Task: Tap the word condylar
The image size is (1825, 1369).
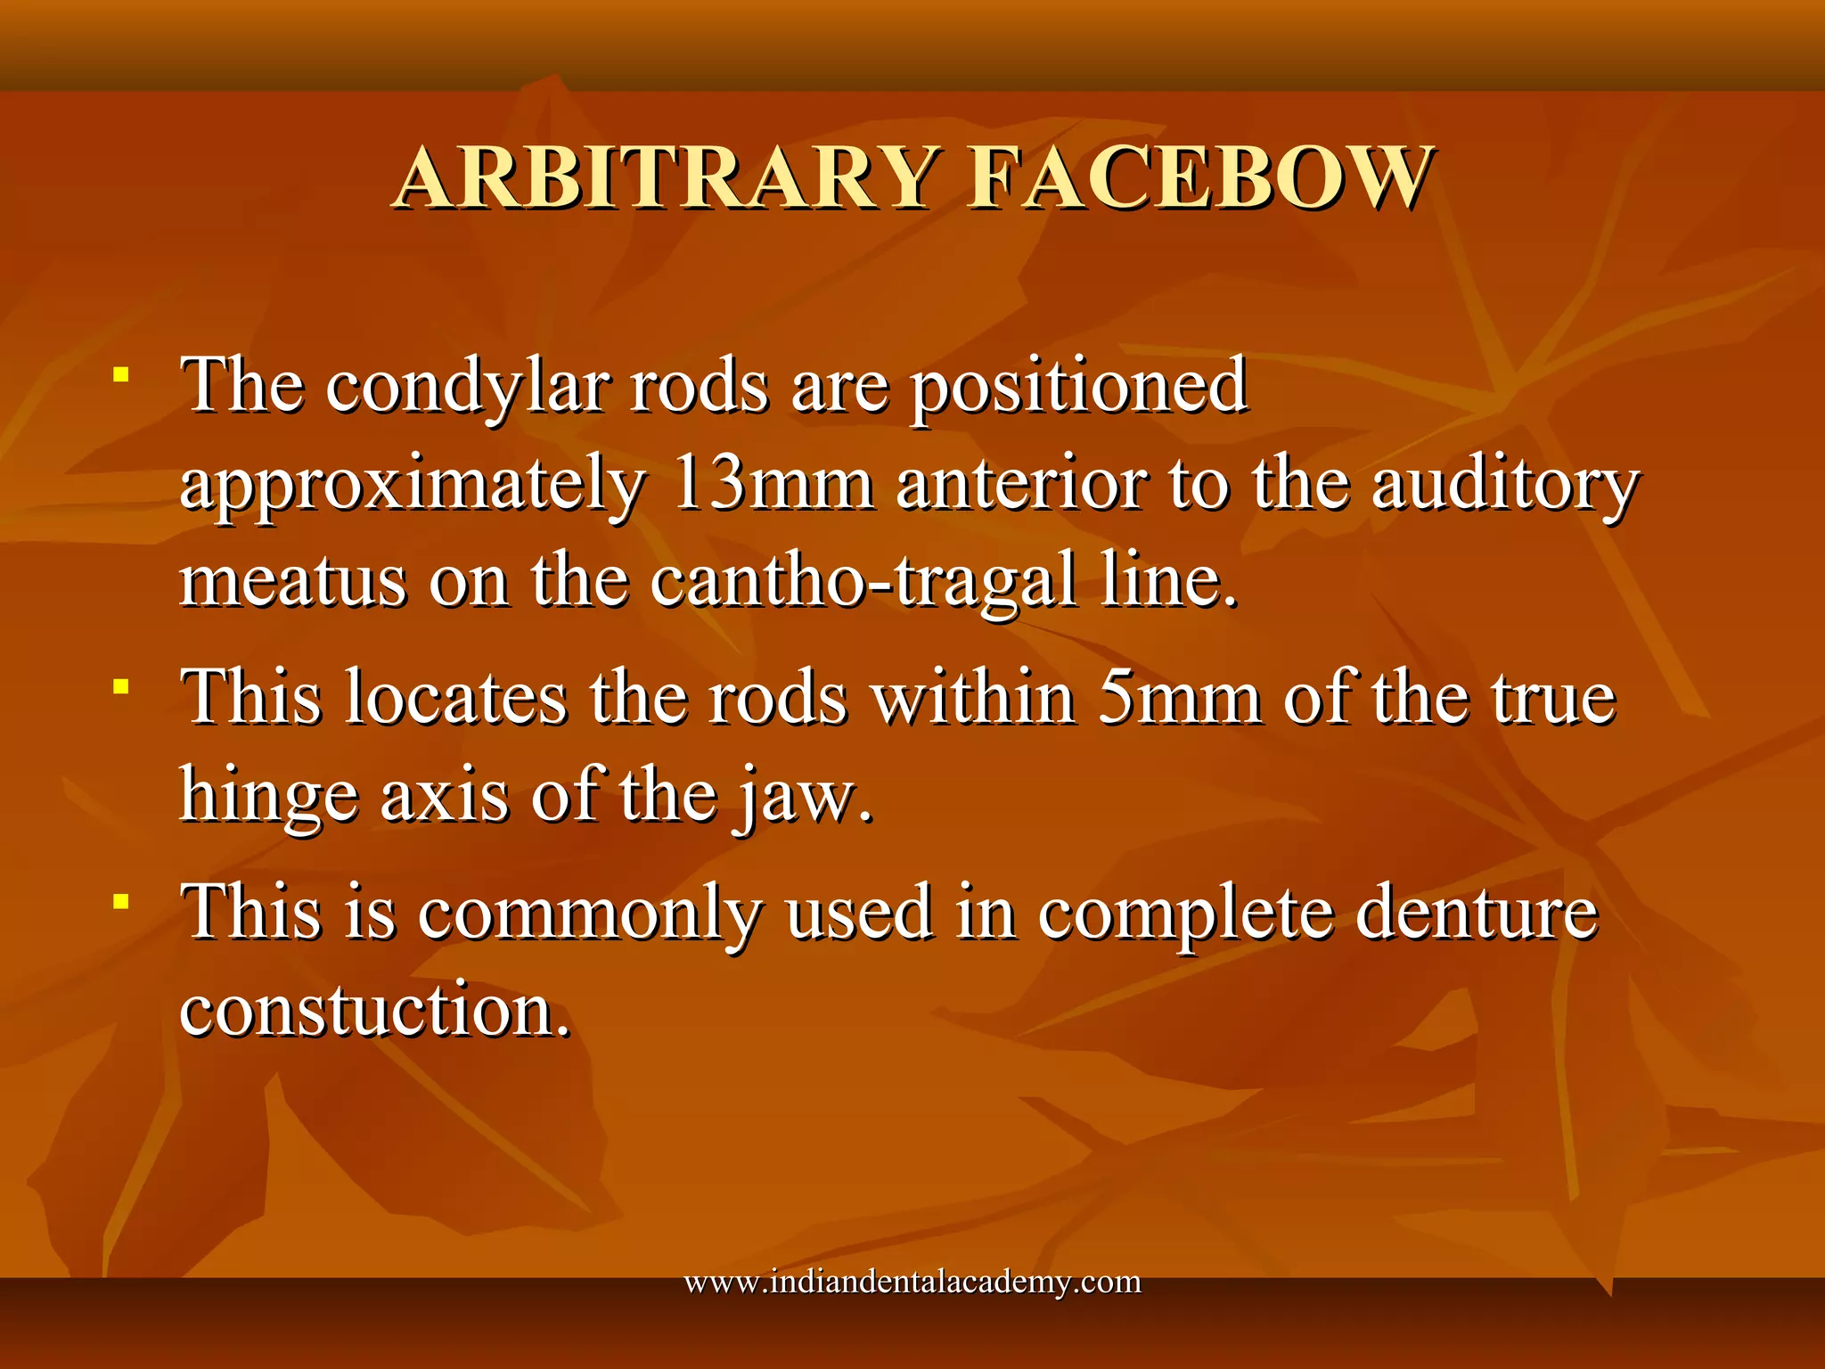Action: click(x=467, y=387)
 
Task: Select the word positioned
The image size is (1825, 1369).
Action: click(x=1078, y=387)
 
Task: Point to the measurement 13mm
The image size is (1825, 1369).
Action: click(x=772, y=484)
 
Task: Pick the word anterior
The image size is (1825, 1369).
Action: click(x=1021, y=484)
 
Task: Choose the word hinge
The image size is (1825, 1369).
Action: click(x=269, y=795)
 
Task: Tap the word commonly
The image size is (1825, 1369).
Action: click(x=590, y=913)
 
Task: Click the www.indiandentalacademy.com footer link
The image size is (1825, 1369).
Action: click(x=912, y=1282)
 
